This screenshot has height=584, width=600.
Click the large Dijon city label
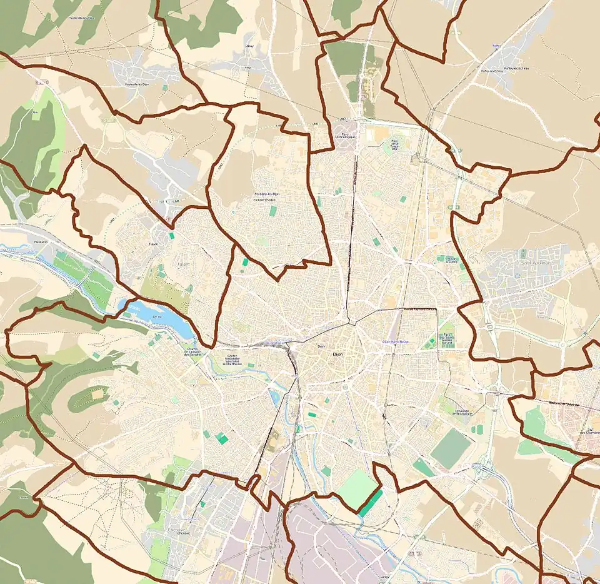[338, 354]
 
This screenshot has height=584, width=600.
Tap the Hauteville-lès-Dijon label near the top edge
[83, 18]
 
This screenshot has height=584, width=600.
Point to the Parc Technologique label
[344, 135]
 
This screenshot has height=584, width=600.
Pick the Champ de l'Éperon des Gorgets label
[194, 353]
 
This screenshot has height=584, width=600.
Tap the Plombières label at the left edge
[41, 241]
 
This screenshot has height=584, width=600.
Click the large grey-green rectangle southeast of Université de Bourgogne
[451, 449]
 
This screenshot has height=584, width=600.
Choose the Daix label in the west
[35, 113]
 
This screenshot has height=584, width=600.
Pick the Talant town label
[153, 244]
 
